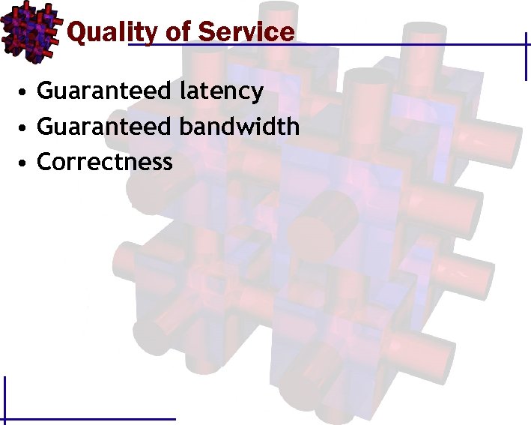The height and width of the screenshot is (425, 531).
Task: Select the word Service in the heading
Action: [246, 32]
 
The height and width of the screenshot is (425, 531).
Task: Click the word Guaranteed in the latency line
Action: [104, 91]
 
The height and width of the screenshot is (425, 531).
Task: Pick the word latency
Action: [222, 91]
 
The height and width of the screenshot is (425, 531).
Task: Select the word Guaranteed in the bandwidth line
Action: [104, 127]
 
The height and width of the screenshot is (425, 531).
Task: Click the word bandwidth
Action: [240, 126]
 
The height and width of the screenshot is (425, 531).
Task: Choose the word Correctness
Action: [105, 161]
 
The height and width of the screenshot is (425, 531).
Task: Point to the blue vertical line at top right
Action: [524, 56]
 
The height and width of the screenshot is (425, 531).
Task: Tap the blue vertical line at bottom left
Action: [5, 397]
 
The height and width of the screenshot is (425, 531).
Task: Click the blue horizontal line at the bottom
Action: [90, 418]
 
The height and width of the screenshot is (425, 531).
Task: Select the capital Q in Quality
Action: [76, 32]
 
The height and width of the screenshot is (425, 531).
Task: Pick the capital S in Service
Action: [207, 32]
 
